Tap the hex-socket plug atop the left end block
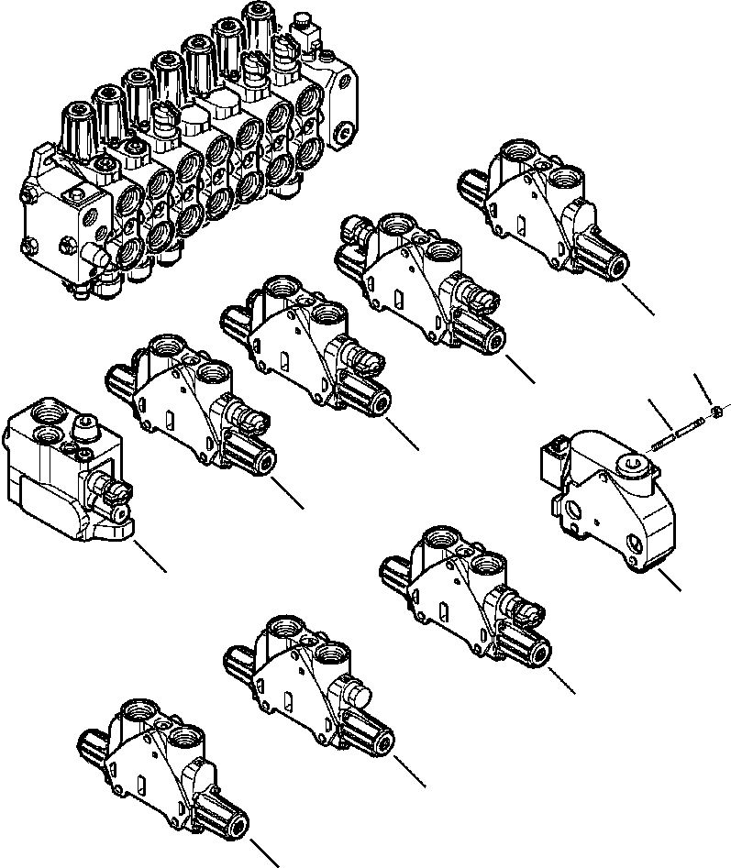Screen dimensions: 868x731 85,423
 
